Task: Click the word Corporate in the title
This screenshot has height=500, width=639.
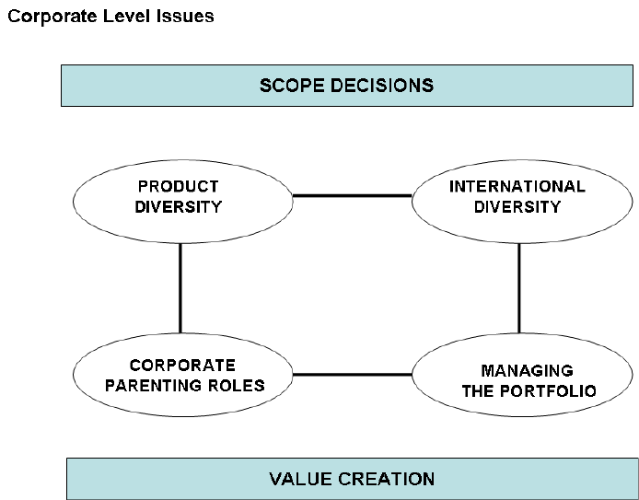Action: (x=52, y=17)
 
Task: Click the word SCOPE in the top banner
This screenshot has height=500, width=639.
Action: (x=292, y=86)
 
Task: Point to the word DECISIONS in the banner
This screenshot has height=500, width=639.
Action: (x=382, y=86)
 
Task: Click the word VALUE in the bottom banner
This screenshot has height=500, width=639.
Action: (x=300, y=479)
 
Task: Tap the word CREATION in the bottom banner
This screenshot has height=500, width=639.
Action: (x=387, y=479)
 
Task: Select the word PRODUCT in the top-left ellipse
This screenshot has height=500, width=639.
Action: (x=179, y=187)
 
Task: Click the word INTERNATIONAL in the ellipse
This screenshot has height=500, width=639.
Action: (x=517, y=187)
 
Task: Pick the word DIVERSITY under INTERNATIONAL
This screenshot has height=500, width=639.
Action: (x=517, y=207)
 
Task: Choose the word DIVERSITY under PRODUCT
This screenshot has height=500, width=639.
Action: (x=179, y=207)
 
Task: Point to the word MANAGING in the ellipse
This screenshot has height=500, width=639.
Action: (x=528, y=371)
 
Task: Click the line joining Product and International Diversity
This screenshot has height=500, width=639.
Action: (x=352, y=196)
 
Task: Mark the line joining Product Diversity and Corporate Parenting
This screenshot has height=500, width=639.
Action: (x=180, y=288)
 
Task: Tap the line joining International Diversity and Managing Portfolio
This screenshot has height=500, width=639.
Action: (x=518, y=288)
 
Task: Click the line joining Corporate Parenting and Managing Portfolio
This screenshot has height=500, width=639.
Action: (x=352, y=375)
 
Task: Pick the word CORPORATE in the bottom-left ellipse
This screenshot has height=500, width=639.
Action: (x=182, y=366)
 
